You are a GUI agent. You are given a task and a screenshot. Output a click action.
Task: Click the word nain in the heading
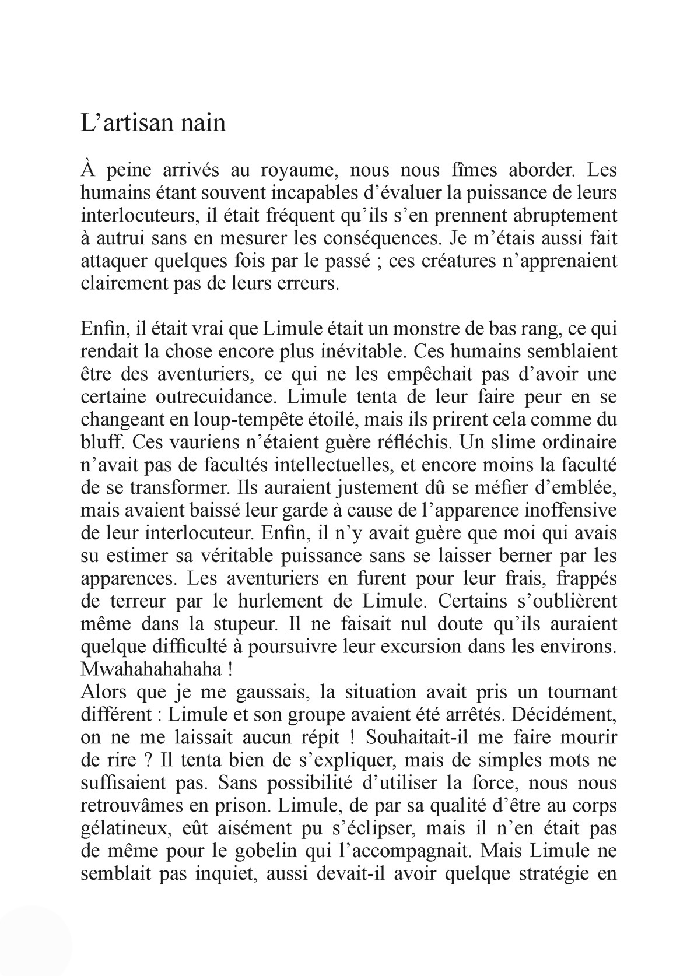(x=201, y=124)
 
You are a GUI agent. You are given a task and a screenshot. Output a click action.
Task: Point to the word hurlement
(x=281, y=602)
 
